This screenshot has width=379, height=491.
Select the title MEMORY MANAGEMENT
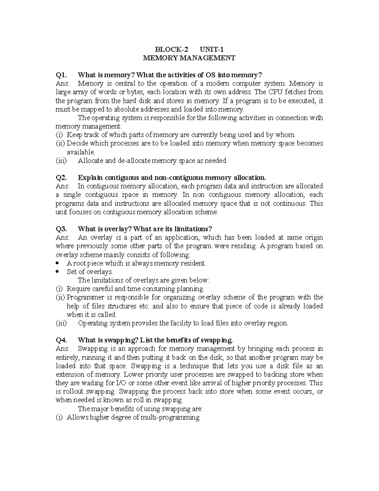pos(189,58)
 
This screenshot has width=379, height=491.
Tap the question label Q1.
pos(62,75)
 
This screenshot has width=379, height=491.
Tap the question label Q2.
pos(62,177)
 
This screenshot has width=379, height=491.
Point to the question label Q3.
pos(62,229)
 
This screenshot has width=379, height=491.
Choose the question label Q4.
pos(62,340)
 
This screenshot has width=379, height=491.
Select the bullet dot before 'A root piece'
pos(57,263)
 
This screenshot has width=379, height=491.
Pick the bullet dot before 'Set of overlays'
pos(57,272)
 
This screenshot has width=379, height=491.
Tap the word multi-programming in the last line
pos(170,417)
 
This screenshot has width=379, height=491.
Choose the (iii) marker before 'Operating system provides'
pos(61,323)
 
